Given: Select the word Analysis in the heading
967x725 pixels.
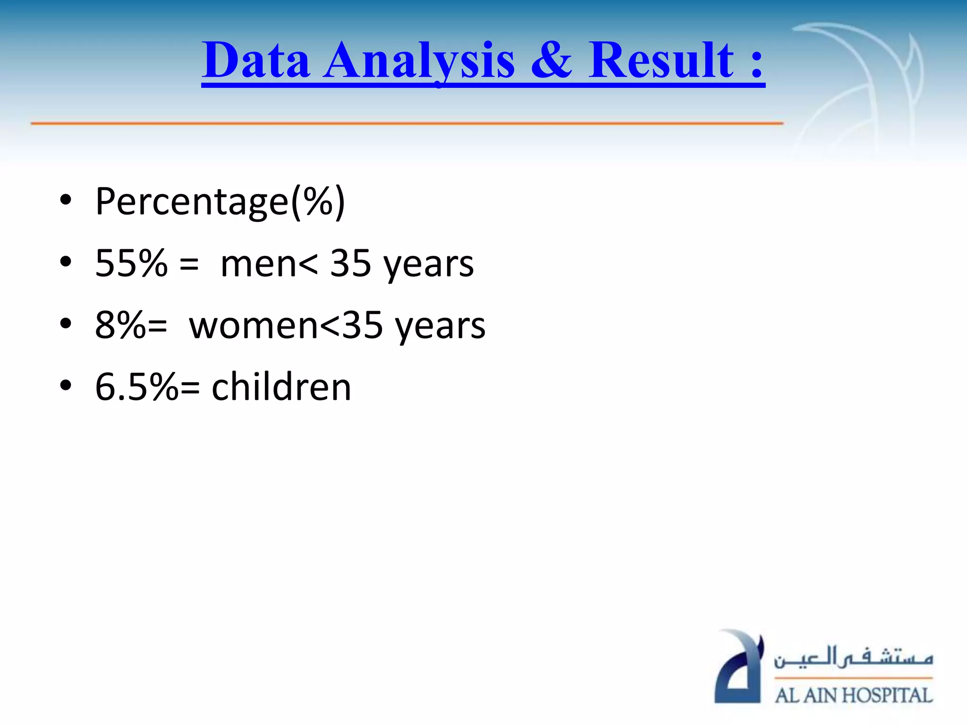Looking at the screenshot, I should pyautogui.click(x=419, y=61).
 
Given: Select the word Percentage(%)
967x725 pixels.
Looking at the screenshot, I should pyautogui.click(x=220, y=202).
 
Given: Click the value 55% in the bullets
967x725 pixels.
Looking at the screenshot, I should pyautogui.click(x=131, y=263).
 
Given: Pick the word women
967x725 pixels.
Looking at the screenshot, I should pyautogui.click(x=254, y=326).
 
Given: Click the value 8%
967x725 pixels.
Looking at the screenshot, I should pyautogui.click(x=120, y=325).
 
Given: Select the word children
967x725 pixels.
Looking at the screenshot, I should pyautogui.click(x=281, y=387).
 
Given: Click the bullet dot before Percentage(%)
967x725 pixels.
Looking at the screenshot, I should pyautogui.click(x=66, y=200).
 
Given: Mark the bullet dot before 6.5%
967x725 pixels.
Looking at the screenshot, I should pyautogui.click(x=66, y=386).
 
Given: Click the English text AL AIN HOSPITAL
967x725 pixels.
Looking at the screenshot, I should pyautogui.click(x=854, y=695).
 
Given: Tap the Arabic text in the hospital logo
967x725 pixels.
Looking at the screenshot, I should pyautogui.click(x=854, y=658).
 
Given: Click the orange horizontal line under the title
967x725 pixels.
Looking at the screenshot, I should pyautogui.click(x=406, y=123).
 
